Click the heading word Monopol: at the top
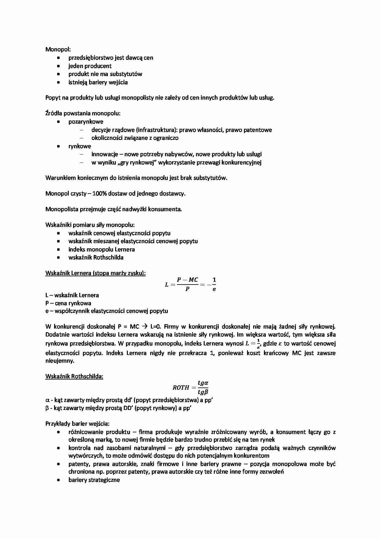click(x=58, y=49)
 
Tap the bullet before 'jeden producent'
click(x=58, y=66)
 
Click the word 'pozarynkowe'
click(x=86, y=122)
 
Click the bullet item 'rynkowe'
click(x=80, y=146)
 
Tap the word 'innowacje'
click(x=103, y=154)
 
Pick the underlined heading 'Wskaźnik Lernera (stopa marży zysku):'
click(x=96, y=273)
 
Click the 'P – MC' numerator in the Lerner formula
click(x=187, y=280)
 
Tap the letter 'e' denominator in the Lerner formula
click(x=214, y=289)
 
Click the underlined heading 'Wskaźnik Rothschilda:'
click(x=74, y=376)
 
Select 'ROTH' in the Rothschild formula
click(x=181, y=388)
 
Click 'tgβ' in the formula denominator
click(x=203, y=392)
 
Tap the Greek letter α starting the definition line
click(x=47, y=400)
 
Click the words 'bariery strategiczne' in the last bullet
click(x=94, y=480)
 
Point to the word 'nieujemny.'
click(x=60, y=361)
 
